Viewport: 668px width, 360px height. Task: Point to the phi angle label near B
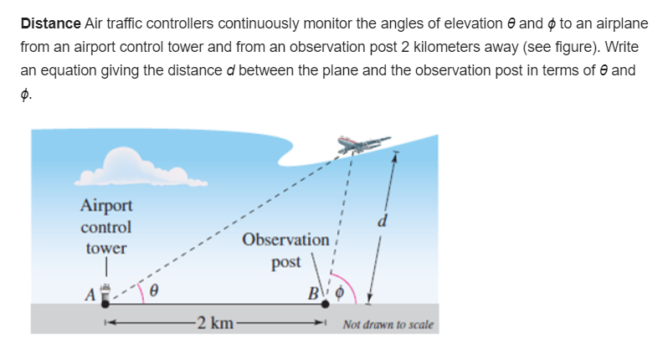pyautogui.click(x=339, y=295)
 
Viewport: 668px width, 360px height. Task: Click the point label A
pyautogui.click(x=88, y=293)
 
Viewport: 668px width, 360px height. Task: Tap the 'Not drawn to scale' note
pyautogui.click(x=388, y=324)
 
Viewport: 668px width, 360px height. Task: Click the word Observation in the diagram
pyautogui.click(x=285, y=240)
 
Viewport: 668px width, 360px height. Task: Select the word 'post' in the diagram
pyautogui.click(x=285, y=262)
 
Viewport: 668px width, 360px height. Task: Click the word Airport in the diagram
pyautogui.click(x=106, y=205)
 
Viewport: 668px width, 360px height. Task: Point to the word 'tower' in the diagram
pyautogui.click(x=106, y=249)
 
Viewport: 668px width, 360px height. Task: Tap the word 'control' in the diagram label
pyautogui.click(x=106, y=227)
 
